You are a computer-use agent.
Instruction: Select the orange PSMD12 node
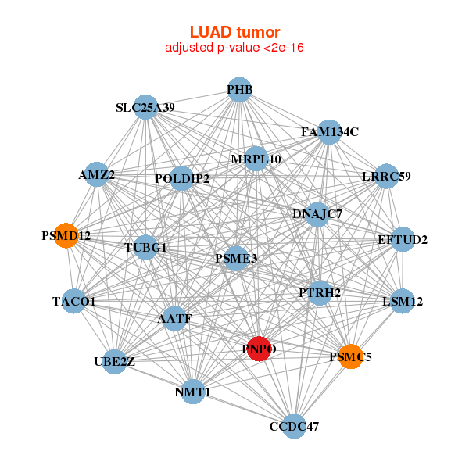[x=66, y=235]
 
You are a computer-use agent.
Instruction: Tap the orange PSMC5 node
[x=351, y=357]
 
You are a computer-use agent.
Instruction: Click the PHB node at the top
[x=240, y=90]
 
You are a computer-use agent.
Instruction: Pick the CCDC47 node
[x=294, y=426]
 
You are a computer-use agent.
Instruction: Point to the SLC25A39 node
[x=145, y=107]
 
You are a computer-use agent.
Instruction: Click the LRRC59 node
[x=387, y=176]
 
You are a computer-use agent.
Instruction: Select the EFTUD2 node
[x=403, y=239]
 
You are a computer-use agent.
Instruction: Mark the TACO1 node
[x=74, y=301]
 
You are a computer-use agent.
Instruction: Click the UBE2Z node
[x=115, y=361]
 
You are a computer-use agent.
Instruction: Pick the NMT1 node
[x=193, y=392]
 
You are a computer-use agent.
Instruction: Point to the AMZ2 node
[x=97, y=175]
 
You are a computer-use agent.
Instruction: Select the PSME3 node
[x=236, y=258]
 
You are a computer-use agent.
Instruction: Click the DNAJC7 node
[x=317, y=213]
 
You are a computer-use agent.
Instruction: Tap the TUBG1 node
[x=146, y=248]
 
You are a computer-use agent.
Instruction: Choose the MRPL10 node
[x=256, y=159]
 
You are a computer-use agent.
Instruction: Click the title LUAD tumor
[x=234, y=32]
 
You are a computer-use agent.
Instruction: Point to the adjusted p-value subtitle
[x=234, y=48]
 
